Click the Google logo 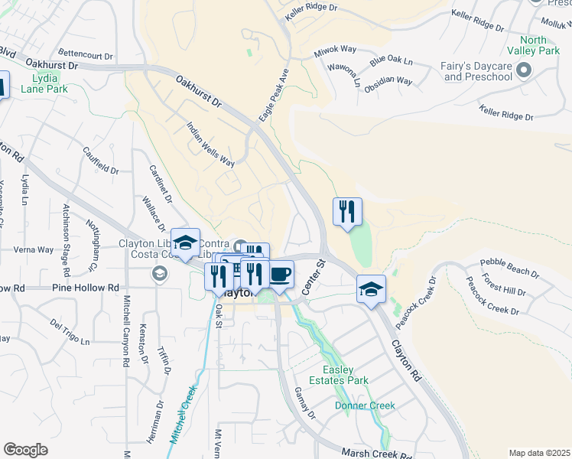pyautogui.click(x=25, y=450)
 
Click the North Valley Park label pyautogui.click(x=539, y=45)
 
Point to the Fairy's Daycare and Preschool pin pyautogui.click(x=524, y=71)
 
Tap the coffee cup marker pyautogui.click(x=280, y=273)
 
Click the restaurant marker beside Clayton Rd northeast pyautogui.click(x=347, y=211)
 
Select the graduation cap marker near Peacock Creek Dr pyautogui.click(x=371, y=288)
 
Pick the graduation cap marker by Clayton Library pyautogui.click(x=185, y=242)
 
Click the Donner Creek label pyautogui.click(x=363, y=405)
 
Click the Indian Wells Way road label pyautogui.click(x=211, y=143)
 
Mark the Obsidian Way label pyautogui.click(x=388, y=80)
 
